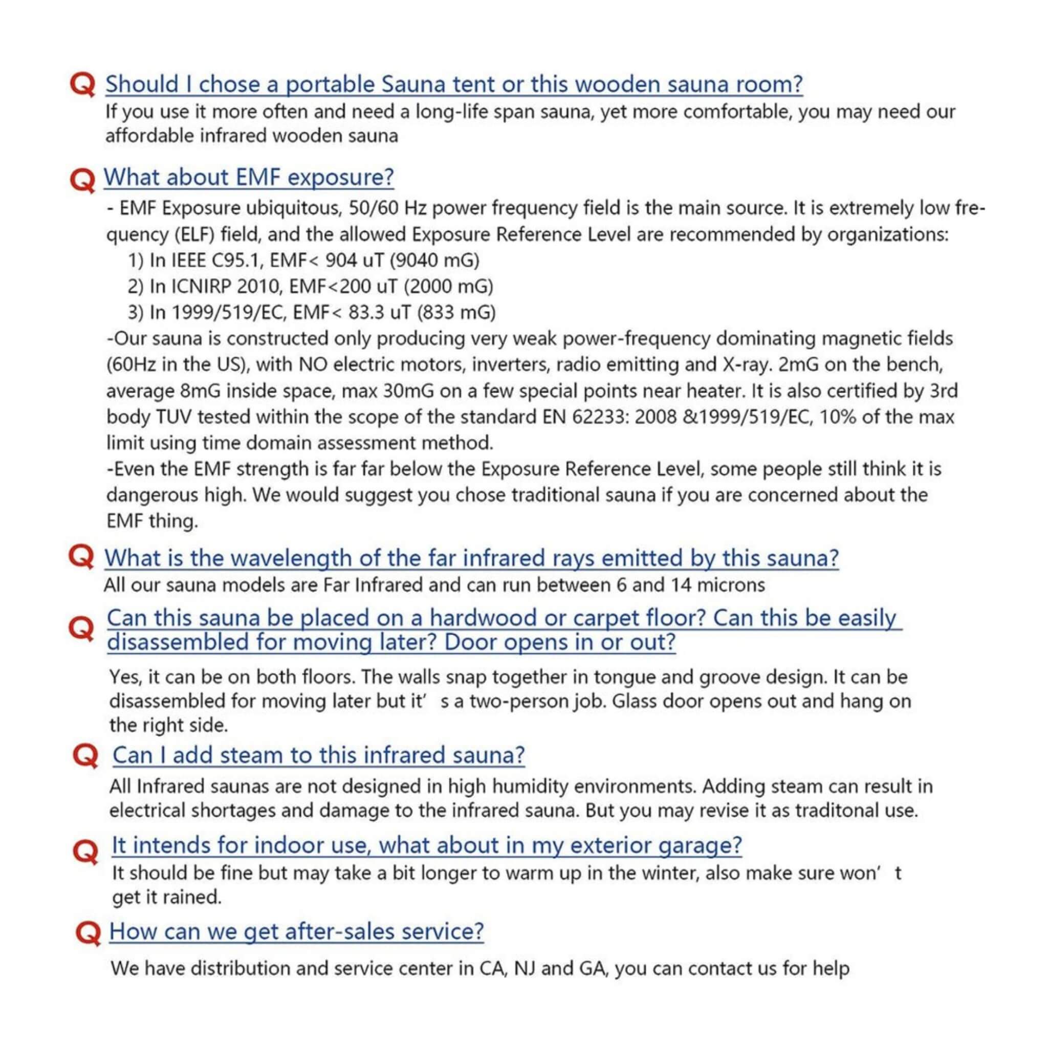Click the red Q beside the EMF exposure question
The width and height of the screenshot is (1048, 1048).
pyautogui.click(x=83, y=180)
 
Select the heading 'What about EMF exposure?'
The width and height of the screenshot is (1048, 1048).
pyautogui.click(x=248, y=178)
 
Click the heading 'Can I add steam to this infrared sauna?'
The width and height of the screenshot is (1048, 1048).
pyautogui.click(x=318, y=755)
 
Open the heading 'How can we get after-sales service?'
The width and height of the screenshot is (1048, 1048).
pyautogui.click(x=296, y=931)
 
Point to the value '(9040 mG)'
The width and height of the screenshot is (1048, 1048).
pyautogui.click(x=434, y=261)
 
